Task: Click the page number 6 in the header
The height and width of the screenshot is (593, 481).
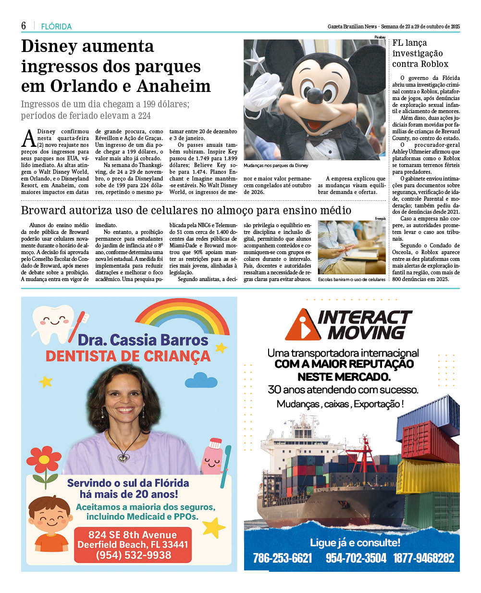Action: (23, 26)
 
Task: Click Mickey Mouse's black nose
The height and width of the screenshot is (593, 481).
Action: (315, 94)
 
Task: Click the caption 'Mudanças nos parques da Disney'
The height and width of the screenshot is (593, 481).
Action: (276, 166)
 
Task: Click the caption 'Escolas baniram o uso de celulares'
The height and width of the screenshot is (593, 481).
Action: (351, 279)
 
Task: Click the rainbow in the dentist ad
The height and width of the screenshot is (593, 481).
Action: (182, 317)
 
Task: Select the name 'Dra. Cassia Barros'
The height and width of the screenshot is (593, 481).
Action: (143, 340)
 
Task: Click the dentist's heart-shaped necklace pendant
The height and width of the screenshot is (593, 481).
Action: (124, 457)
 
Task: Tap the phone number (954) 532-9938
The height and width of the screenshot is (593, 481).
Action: (133, 555)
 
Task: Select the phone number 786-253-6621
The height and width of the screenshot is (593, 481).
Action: (282, 558)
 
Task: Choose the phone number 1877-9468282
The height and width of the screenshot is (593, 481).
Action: (423, 558)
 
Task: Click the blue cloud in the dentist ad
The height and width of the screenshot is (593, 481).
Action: (201, 380)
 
